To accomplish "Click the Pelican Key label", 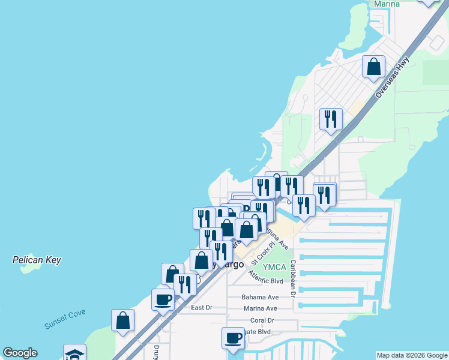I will tap(37, 260).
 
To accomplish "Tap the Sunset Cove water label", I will tap(65, 319).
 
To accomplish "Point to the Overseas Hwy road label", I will tap(393, 77).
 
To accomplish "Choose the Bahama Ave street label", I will tap(260, 297).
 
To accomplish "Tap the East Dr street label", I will tap(202, 308).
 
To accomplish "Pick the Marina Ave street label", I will tap(259, 308).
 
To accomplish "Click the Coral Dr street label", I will tap(262, 320).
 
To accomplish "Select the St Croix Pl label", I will tap(263, 254).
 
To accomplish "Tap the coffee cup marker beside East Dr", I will tap(163, 299).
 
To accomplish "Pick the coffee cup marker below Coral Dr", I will tap(233, 338).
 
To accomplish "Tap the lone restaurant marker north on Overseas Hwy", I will tap(331, 119).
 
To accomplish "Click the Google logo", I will tap(20, 353).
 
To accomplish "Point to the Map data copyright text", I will tap(412, 355).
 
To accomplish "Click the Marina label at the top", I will tap(387, 4).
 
